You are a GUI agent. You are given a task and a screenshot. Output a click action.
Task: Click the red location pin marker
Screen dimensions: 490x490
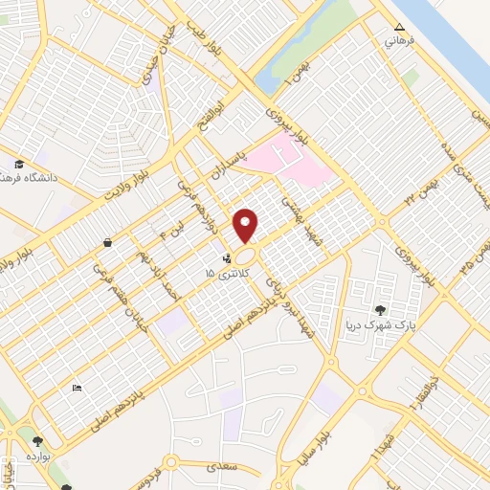tap(246, 225)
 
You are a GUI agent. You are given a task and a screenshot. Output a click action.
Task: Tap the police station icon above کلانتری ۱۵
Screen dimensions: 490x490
tap(227, 258)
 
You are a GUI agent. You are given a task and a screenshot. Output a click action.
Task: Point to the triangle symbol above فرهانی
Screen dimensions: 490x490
tap(400, 27)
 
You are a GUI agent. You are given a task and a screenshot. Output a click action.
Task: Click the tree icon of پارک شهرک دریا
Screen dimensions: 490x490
tap(381, 309)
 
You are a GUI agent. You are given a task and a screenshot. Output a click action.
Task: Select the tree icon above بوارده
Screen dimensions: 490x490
tap(37, 441)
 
